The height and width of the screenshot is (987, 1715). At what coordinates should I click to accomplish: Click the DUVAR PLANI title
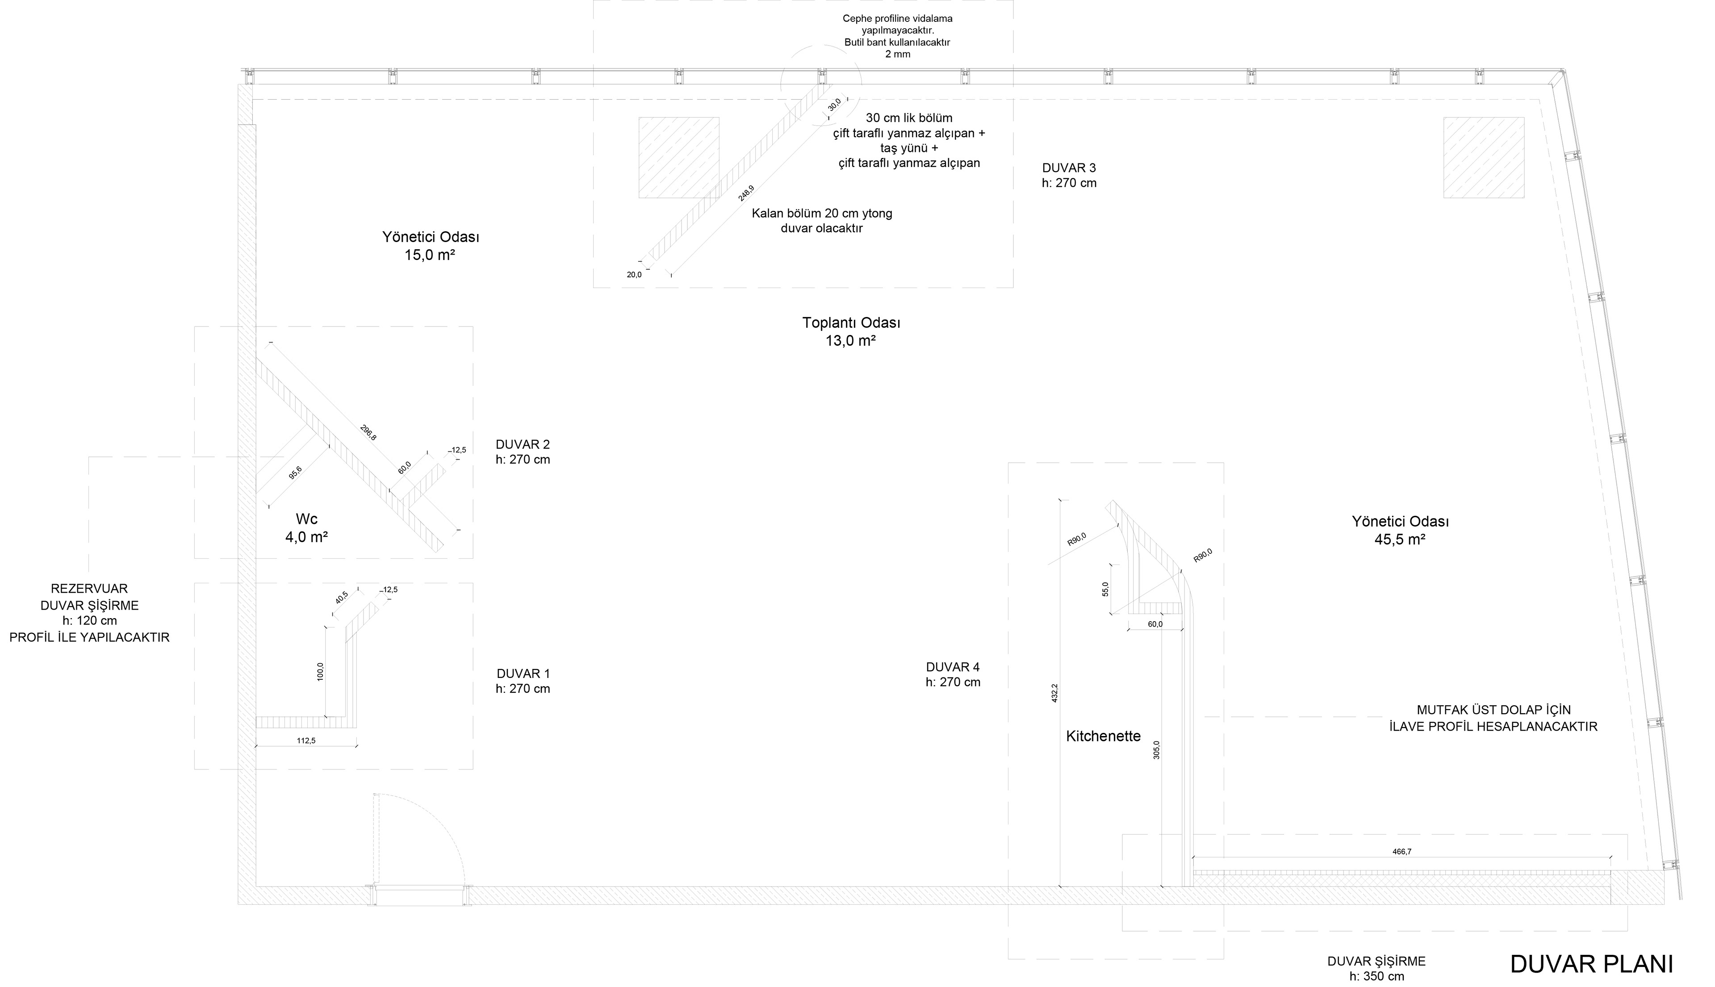point(1591,964)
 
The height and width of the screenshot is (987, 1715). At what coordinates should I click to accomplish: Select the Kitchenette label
point(1103,736)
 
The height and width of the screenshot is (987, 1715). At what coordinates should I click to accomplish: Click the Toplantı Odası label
point(851,322)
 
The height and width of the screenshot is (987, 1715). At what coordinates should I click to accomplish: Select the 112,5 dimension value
point(306,741)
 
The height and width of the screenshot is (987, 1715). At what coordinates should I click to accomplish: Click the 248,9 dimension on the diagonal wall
point(746,193)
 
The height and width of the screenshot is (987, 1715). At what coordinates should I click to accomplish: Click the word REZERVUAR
point(89,589)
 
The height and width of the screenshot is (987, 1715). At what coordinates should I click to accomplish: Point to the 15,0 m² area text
point(430,255)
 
